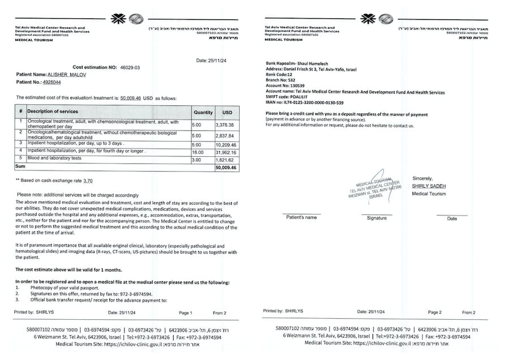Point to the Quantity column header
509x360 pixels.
click(x=203, y=112)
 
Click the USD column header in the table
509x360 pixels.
click(x=227, y=112)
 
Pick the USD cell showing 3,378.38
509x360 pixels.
click(x=225, y=125)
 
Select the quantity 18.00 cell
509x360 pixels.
click(x=197, y=152)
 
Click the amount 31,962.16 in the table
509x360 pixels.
click(x=226, y=152)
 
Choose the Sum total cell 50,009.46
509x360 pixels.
click(x=226, y=168)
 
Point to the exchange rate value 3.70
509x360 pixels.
click(x=88, y=181)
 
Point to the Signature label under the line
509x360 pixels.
click(x=377, y=218)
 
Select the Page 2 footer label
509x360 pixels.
click(x=434, y=312)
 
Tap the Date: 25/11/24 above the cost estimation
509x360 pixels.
click(x=210, y=60)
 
